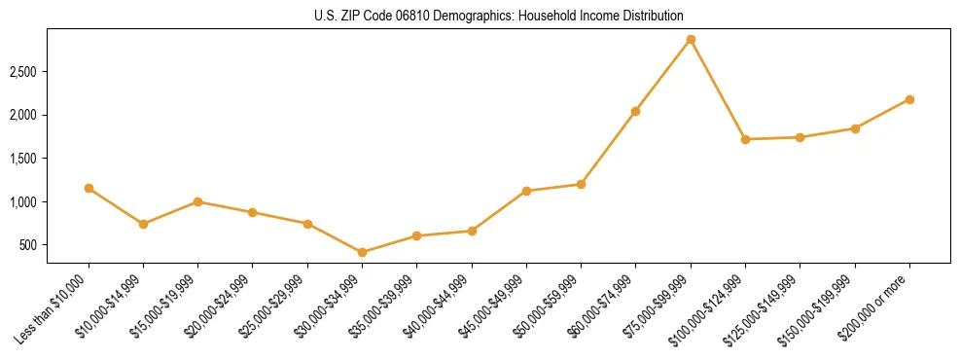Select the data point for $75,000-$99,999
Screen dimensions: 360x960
[x=691, y=40]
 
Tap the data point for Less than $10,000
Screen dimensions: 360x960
[x=89, y=188]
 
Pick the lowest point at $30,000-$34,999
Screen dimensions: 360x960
[x=362, y=252]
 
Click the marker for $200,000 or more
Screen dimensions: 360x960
[x=909, y=99]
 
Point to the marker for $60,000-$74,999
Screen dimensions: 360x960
[x=635, y=111]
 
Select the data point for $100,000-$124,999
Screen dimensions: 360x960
[x=745, y=139]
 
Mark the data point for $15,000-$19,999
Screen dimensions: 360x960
[x=197, y=201]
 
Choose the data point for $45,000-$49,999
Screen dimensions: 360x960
[x=526, y=191]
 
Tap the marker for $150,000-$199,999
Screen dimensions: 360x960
[x=855, y=128]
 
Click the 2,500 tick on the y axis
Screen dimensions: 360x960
[x=23, y=72]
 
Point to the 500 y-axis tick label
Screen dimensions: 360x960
[x=29, y=245]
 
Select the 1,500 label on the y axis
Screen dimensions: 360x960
[x=23, y=159]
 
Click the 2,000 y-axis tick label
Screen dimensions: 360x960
[x=23, y=115]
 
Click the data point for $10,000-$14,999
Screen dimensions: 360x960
[x=143, y=224]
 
